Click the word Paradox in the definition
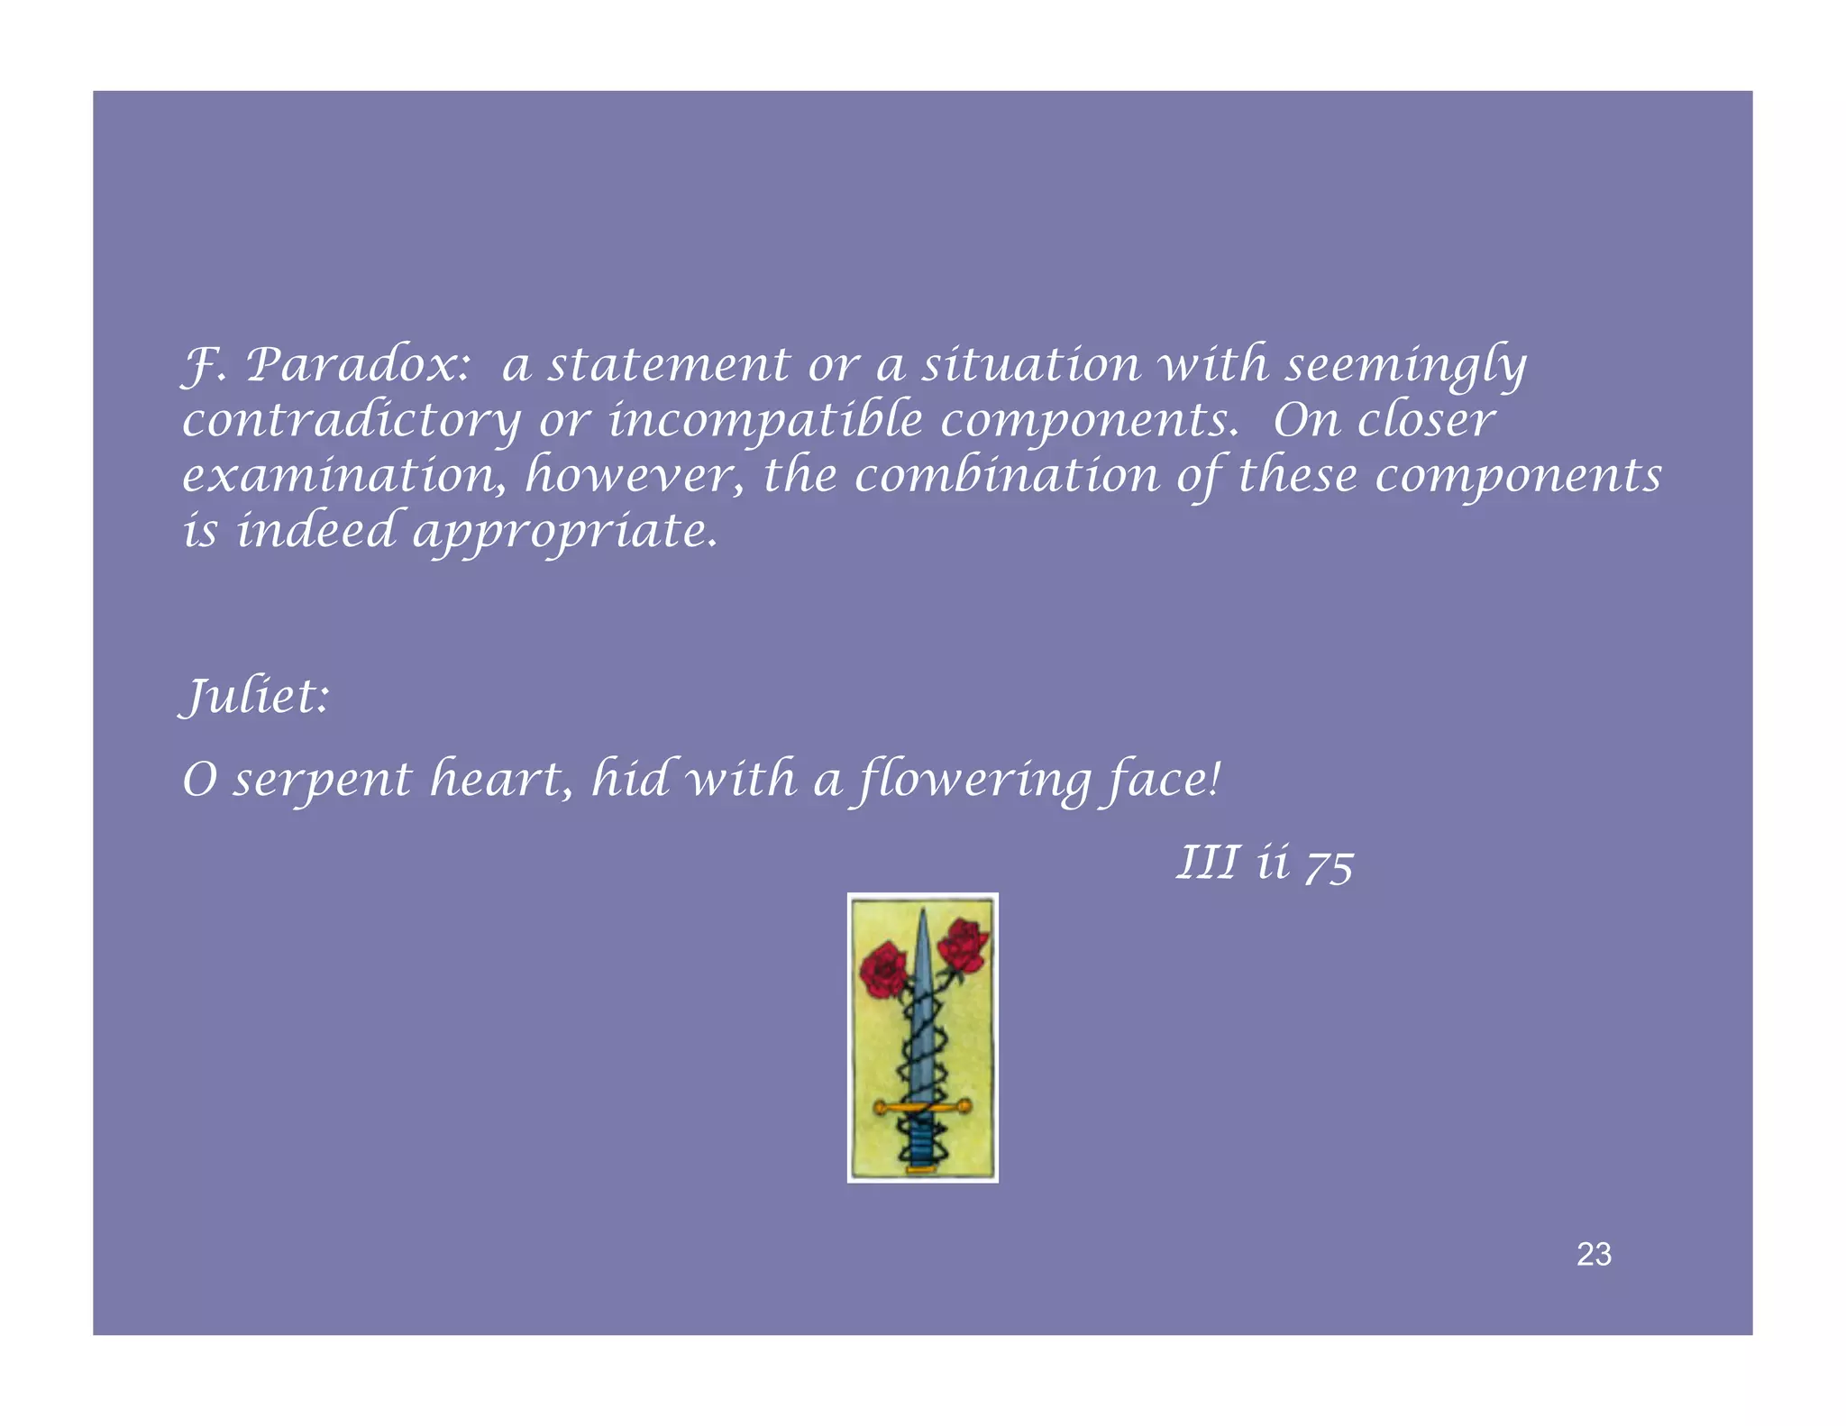click(358, 365)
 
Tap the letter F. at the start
click(202, 365)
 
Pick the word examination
click(343, 476)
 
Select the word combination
click(1007, 475)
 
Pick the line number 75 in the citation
click(1329, 865)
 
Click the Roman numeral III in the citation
click(1207, 862)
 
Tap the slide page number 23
click(1594, 1254)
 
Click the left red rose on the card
click(883, 969)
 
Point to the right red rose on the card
click(964, 945)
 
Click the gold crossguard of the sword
click(922, 1106)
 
